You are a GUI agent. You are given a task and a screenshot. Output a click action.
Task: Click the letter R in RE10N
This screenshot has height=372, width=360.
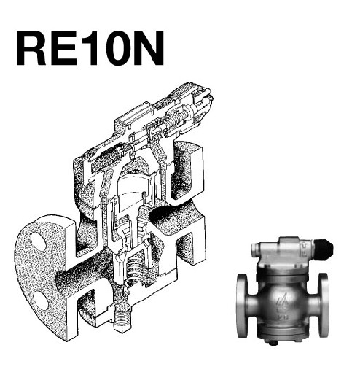coord(31,48)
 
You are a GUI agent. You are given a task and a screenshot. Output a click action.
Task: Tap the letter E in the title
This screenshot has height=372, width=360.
coord(64,48)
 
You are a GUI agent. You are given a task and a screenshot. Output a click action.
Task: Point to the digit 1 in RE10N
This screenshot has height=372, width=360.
coord(90,48)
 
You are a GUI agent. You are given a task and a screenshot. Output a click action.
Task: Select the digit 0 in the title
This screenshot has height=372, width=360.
coord(115,48)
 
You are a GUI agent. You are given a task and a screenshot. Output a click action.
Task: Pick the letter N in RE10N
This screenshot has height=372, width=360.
coord(149,48)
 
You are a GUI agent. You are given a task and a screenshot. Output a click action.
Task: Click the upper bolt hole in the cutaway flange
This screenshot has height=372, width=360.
coord(39,241)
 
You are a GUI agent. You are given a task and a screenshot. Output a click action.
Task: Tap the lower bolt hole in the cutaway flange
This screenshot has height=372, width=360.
coord(41,300)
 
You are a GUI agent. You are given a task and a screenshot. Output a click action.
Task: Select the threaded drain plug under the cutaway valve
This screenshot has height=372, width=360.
coord(122,317)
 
